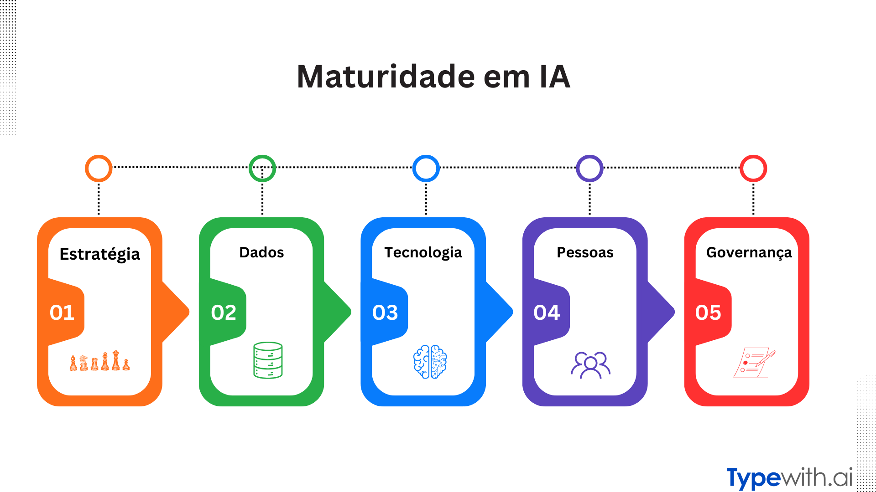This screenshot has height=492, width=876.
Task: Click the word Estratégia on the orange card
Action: (99, 254)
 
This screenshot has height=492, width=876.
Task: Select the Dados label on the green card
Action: (261, 252)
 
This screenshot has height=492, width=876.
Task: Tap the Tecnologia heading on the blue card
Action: (423, 252)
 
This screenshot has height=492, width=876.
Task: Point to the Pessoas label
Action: (585, 252)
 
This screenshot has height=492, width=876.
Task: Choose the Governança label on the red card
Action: (749, 252)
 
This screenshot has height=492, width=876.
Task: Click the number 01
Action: (62, 313)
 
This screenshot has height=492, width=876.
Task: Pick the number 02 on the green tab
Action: (224, 313)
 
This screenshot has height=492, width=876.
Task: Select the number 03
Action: (385, 313)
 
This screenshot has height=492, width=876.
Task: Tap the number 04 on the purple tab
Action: (547, 313)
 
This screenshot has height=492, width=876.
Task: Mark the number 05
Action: (708, 313)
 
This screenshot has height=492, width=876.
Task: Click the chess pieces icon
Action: (99, 361)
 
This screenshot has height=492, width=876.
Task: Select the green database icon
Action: (268, 360)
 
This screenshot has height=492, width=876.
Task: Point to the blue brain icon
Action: (430, 362)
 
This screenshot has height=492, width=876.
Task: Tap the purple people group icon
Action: (590, 364)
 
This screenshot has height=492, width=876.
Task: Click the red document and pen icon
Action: (754, 363)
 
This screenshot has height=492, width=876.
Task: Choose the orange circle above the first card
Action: (99, 169)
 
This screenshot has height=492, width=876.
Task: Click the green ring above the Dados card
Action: (262, 169)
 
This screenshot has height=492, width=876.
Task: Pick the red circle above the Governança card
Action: (753, 169)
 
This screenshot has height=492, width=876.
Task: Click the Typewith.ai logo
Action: (789, 477)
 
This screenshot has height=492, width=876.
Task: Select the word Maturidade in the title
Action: (386, 76)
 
